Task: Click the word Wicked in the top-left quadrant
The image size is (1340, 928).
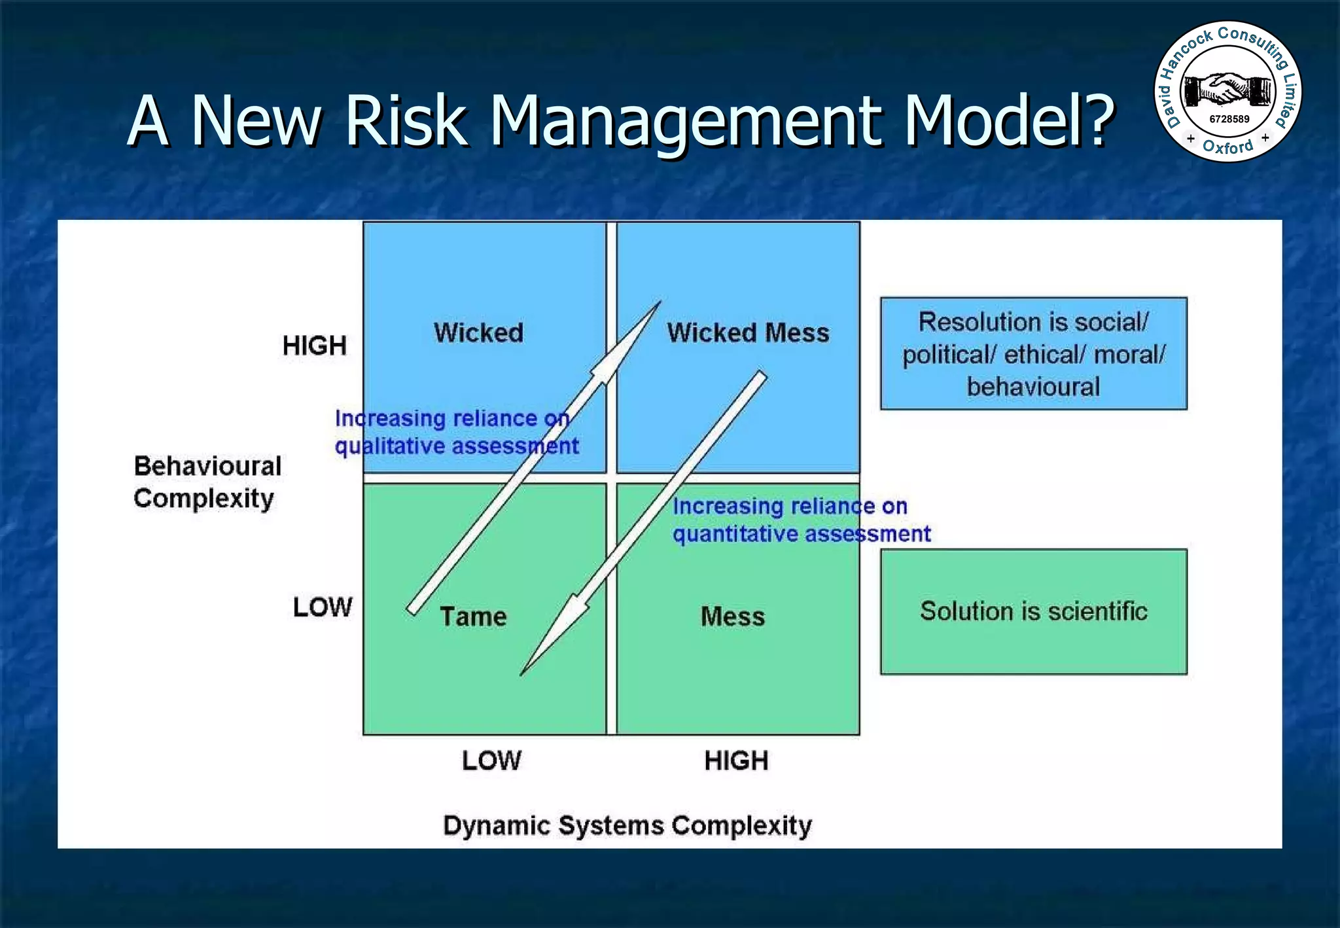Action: point(478,332)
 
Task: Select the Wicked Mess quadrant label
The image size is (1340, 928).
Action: point(748,332)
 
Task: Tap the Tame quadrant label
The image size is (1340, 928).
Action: point(473,616)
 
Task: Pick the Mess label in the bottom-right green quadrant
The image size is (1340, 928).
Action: point(733,616)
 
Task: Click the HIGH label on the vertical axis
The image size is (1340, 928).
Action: point(314,346)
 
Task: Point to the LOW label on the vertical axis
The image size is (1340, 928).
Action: point(322,607)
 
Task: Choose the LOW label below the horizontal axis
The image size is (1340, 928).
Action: point(491,760)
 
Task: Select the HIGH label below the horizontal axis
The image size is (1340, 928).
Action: point(736,760)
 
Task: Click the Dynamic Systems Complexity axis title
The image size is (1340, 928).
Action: point(627,825)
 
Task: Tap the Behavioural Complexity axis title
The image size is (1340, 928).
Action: point(207,482)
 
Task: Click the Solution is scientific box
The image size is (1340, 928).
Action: point(1033,611)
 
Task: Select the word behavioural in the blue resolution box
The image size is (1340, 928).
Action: point(1033,387)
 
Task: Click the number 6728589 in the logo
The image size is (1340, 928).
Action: point(1229,119)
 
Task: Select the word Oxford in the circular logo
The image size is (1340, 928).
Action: point(1227,147)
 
